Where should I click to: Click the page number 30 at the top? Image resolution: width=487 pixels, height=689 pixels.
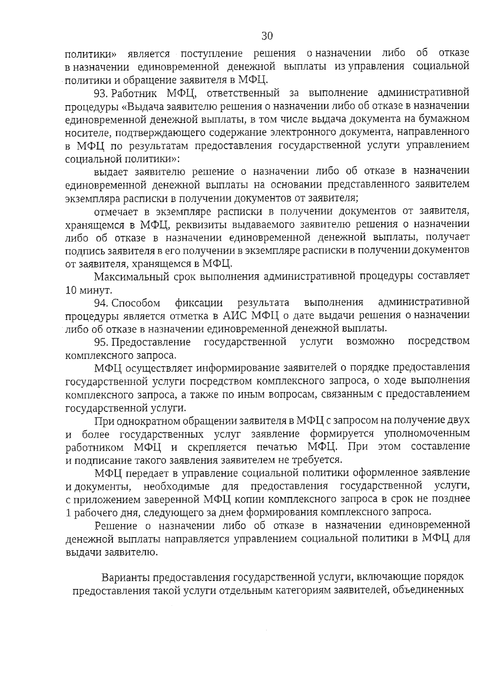coord(267,36)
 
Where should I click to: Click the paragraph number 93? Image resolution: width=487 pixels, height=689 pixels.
coord(100,93)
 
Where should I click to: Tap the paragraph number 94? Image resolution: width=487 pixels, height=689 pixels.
coord(100,303)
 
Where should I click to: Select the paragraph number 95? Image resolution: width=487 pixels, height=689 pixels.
coord(100,342)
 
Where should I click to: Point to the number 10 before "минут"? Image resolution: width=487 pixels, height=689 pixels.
coord(71,291)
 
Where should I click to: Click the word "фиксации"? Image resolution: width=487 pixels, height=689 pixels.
coord(199,303)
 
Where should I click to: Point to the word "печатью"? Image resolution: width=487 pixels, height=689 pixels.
coord(277,447)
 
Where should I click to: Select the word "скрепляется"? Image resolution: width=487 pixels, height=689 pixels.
coord(217,447)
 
